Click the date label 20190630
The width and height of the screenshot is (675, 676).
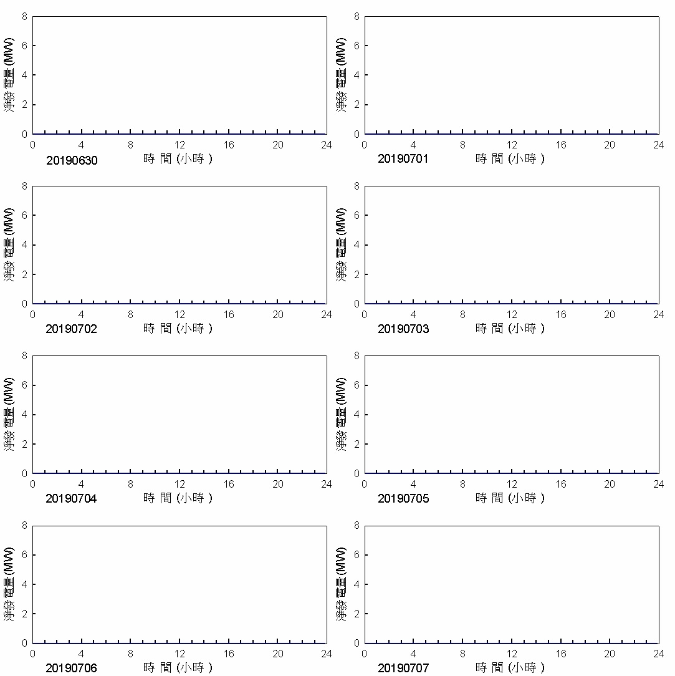pos(72,160)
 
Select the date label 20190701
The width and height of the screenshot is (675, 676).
pos(403,159)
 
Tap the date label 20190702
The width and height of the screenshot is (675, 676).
pos(72,329)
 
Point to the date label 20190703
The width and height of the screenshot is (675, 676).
pos(403,329)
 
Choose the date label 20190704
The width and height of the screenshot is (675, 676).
pos(72,499)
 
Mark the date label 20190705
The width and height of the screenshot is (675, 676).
pos(403,499)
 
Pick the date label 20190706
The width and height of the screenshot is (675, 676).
pos(72,669)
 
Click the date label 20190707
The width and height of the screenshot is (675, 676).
pos(403,669)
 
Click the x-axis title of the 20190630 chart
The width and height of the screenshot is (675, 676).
pos(178,158)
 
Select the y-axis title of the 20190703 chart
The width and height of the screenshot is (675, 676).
pos(341,244)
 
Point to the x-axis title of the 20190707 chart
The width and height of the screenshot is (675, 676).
pos(510,667)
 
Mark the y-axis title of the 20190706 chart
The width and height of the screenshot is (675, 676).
pos(9,584)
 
